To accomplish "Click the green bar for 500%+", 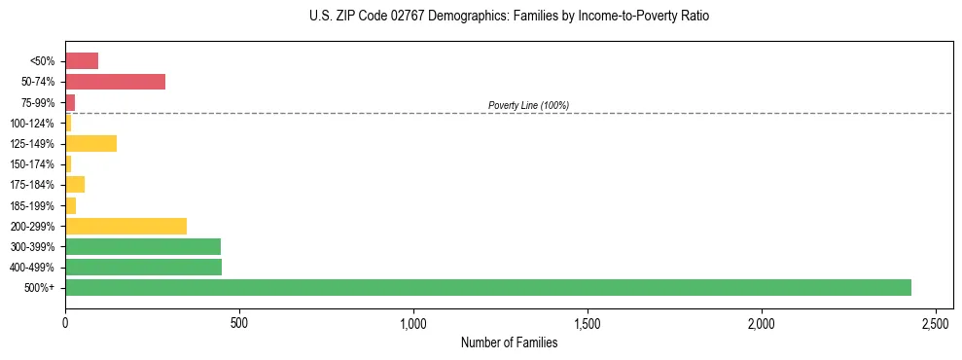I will coord(487,287).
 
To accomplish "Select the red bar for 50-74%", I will coord(115,81).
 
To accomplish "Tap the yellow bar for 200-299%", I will coord(125,226).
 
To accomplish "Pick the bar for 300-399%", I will coord(143,246).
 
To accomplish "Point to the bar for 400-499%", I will coord(143,267).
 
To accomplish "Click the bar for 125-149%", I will coord(90,143).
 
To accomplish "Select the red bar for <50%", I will coord(82,60).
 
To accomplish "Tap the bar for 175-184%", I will coord(75,184).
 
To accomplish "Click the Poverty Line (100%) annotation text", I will coord(528,105).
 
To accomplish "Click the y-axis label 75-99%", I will coord(37,102).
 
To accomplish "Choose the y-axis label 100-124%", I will coord(33,123).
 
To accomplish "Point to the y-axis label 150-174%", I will coord(33,163).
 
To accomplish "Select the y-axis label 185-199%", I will coord(33,205).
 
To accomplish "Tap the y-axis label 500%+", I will coord(39,288).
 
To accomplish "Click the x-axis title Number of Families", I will coord(509,342).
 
